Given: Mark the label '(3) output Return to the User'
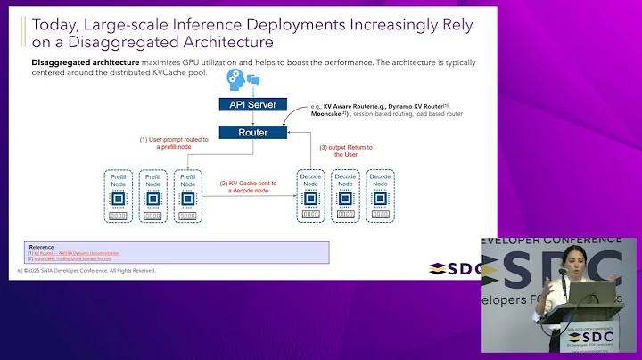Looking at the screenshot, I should pyautogui.click(x=346, y=151).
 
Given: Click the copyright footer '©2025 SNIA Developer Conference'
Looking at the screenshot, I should pyautogui.click(x=89, y=271).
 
